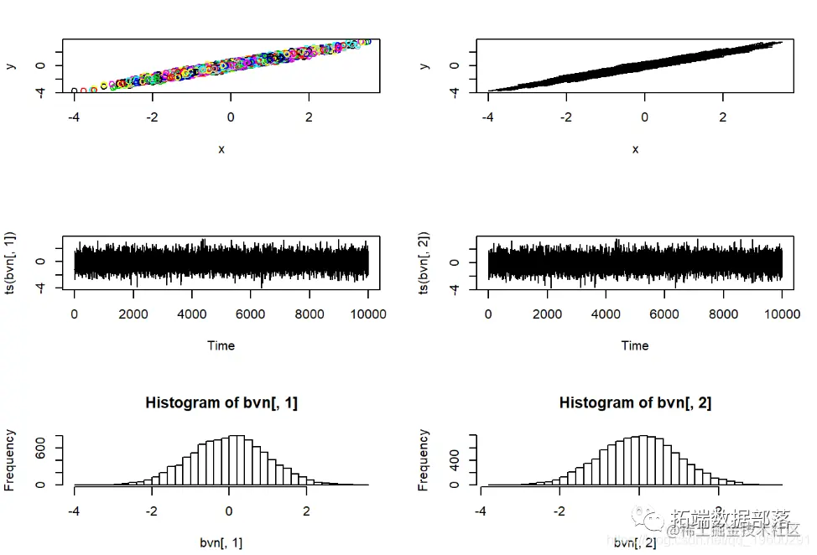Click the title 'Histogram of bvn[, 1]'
221,402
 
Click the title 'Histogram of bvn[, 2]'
635,402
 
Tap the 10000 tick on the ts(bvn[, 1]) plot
367,314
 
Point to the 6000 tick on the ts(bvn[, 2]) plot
664,314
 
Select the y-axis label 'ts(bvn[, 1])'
10,262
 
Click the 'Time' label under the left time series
221,345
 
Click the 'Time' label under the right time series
635,345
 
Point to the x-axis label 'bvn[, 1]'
221,543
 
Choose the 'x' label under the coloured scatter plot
221,149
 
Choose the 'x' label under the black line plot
635,149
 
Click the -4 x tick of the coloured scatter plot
74,117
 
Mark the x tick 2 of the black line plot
723,117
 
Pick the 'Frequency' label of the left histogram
10,459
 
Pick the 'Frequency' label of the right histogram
424,459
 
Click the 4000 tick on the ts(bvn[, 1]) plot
192,314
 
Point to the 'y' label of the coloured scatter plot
10,65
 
